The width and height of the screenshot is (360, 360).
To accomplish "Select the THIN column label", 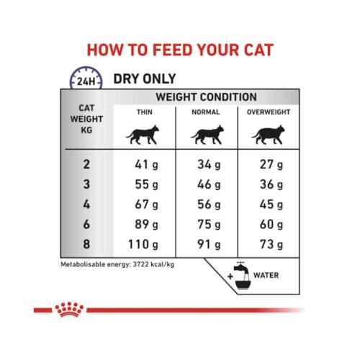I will pyautogui.click(x=144, y=113).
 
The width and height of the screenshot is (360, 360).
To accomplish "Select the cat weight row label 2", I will pyautogui.click(x=87, y=165).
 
